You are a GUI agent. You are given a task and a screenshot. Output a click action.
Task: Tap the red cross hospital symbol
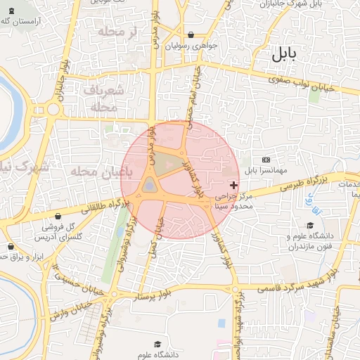(234, 185)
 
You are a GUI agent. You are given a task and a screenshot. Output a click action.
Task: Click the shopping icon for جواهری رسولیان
(191, 35)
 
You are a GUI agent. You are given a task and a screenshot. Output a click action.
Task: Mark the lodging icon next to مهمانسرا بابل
(265, 160)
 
